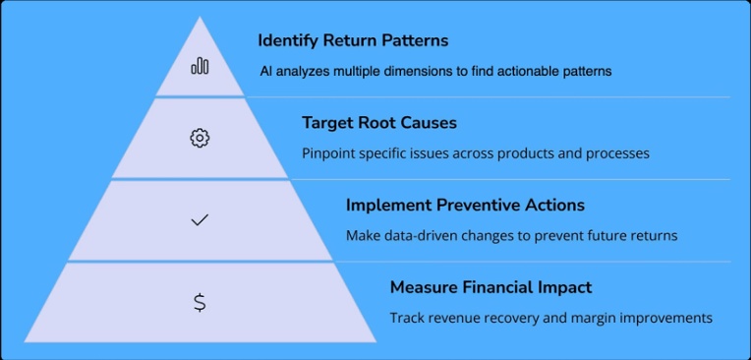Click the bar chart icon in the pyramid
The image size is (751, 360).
click(x=200, y=66)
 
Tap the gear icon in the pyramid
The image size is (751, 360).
click(x=200, y=139)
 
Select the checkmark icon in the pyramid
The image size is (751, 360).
click(x=200, y=220)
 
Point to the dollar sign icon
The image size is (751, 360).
click(x=200, y=303)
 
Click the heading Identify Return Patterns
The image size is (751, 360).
click(x=353, y=40)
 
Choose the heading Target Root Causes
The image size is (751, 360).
click(x=379, y=123)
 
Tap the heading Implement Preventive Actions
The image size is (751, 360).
click(x=465, y=206)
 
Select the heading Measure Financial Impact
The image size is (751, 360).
click(x=491, y=287)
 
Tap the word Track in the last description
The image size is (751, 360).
click(x=404, y=318)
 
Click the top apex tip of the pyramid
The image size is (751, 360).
click(x=200, y=17)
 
